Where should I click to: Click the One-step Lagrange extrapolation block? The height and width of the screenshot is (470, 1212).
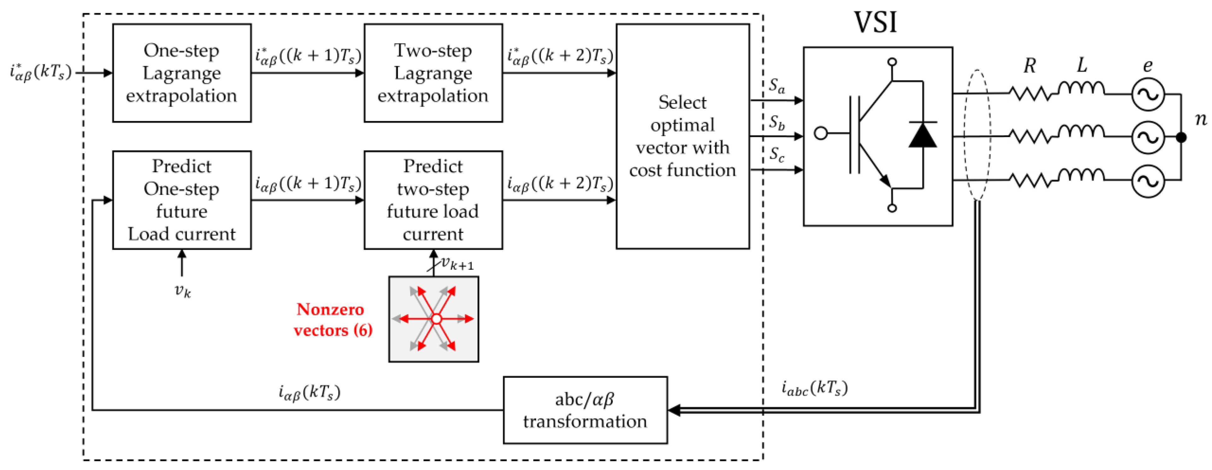(x=182, y=73)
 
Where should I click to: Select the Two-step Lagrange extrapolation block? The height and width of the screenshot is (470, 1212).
(x=433, y=73)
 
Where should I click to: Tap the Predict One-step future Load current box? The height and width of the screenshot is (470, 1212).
(x=182, y=200)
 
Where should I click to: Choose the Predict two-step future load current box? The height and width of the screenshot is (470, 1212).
(x=433, y=200)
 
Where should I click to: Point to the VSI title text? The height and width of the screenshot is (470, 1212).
(x=875, y=22)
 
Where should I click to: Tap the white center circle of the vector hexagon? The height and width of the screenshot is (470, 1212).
(x=436, y=319)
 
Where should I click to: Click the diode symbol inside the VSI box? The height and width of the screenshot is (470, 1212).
(x=922, y=136)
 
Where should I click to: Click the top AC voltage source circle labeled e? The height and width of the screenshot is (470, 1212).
(x=1148, y=94)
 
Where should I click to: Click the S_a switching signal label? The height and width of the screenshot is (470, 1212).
(x=777, y=86)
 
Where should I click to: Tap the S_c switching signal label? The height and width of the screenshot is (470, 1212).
(x=777, y=154)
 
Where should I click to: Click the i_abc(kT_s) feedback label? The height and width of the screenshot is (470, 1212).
(x=814, y=388)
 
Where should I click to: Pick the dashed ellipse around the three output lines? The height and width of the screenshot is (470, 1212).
(x=978, y=136)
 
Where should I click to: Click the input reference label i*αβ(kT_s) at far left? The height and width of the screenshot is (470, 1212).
(x=40, y=72)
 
